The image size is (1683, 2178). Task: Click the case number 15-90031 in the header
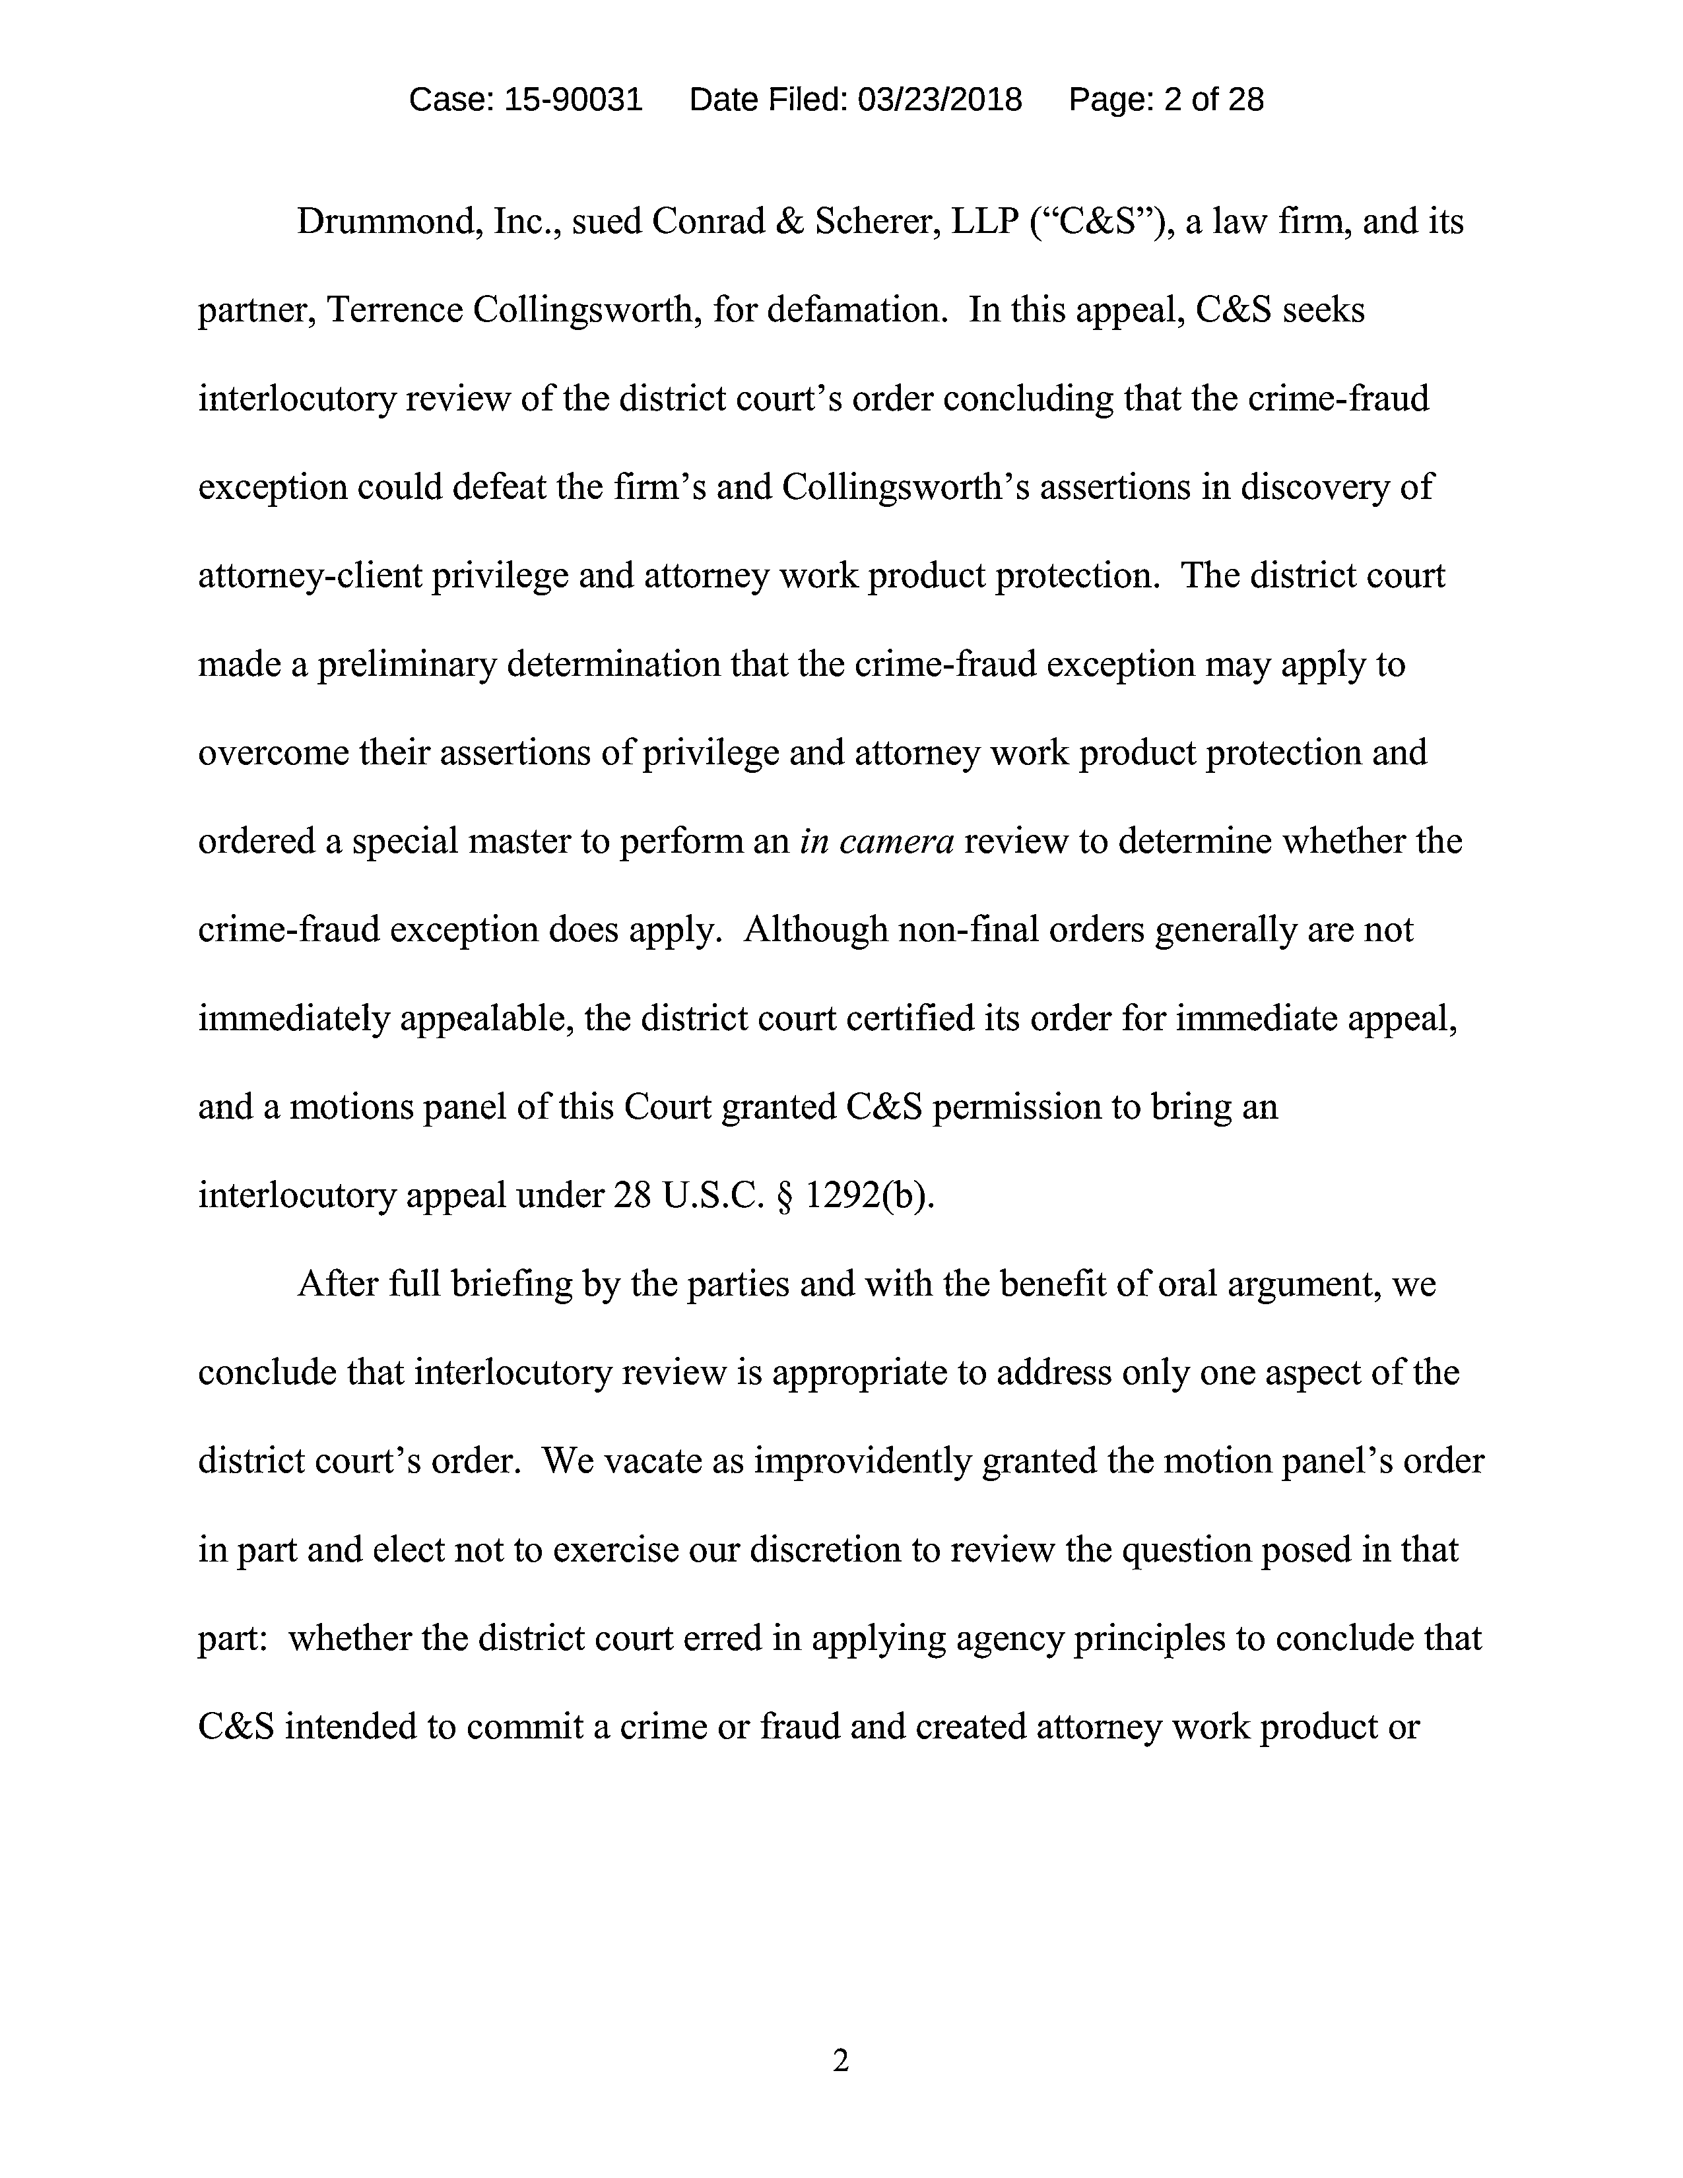[574, 100]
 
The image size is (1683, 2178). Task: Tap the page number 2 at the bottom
[840, 2061]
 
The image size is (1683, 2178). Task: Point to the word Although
[816, 929]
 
